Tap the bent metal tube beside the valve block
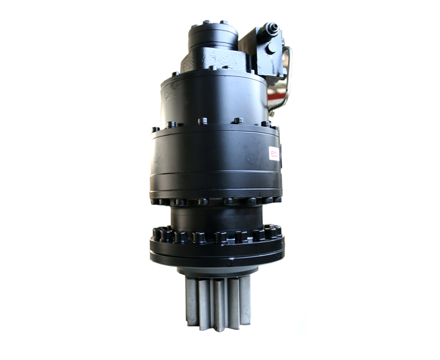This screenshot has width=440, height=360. click(x=287, y=77)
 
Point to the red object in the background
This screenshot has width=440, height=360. click(x=277, y=99)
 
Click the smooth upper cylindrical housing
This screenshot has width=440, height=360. click(x=215, y=99)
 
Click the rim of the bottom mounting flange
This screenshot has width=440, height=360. click(x=217, y=254)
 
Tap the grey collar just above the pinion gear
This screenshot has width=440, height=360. click(x=217, y=270)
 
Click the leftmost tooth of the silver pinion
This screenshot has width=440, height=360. click(x=192, y=300)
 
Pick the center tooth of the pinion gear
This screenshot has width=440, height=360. click(x=219, y=305)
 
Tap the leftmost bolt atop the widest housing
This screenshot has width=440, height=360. click(x=155, y=130)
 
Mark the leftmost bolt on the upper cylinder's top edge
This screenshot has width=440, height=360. click(x=175, y=74)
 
